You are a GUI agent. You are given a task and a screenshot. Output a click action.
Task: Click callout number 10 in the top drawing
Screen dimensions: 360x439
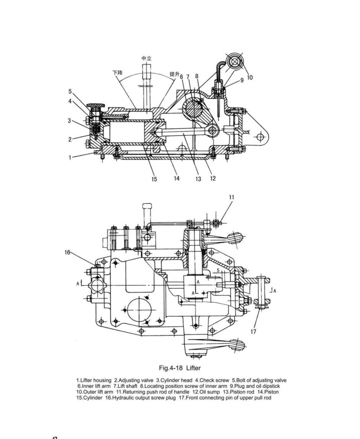(250, 78)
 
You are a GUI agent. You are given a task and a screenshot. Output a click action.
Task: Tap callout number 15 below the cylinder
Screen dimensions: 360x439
(154, 179)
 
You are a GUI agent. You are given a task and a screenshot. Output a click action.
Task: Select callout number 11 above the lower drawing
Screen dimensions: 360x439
(232, 197)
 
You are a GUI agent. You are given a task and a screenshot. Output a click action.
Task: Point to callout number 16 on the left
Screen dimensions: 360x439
(67, 252)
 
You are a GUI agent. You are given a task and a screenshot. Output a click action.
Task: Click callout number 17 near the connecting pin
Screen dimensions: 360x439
(253, 331)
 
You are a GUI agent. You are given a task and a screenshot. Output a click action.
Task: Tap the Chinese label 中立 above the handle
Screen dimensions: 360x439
(146, 58)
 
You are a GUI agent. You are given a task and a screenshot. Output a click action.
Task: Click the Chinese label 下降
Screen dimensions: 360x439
(118, 73)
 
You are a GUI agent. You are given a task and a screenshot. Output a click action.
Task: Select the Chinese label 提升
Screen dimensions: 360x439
(175, 74)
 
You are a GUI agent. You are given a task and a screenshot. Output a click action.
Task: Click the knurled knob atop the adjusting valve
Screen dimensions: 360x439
(96, 105)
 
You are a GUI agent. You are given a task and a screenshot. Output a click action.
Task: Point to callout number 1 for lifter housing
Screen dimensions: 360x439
(70, 158)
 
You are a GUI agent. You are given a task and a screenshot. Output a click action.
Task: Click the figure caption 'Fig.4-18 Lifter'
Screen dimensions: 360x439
(179, 368)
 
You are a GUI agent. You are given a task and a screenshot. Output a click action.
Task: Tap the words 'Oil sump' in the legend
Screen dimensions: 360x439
(209, 392)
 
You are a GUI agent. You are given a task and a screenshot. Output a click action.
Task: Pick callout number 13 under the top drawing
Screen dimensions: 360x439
(198, 179)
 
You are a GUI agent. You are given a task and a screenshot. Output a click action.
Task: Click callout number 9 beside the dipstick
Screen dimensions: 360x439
(242, 80)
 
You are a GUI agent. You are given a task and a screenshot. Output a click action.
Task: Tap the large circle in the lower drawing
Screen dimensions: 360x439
(139, 310)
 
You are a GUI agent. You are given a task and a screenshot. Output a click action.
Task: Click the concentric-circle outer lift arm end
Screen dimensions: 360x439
(234, 62)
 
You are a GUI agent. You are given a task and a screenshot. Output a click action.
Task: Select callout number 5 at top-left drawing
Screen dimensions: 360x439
(70, 91)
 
